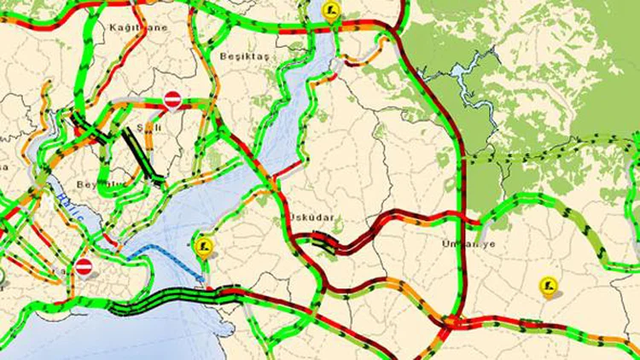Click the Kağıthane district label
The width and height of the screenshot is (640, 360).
[x=138, y=27]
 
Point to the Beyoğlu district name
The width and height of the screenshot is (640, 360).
[x=100, y=183]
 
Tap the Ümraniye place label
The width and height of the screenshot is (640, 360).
[x=468, y=243]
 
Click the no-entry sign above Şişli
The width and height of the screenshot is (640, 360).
[x=172, y=100]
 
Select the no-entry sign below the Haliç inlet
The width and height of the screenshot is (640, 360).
[x=84, y=267]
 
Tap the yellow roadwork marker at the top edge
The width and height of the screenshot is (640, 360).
[x=332, y=10]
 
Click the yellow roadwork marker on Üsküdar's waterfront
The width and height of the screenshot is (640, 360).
[x=202, y=247]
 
